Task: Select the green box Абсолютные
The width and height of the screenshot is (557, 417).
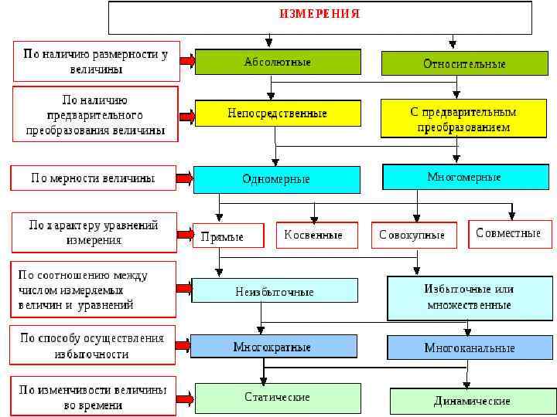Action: pos(278,62)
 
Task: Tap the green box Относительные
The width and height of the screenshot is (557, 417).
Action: pos(464,64)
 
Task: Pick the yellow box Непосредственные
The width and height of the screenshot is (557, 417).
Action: pos(278,114)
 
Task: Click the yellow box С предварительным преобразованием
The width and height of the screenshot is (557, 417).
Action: pos(464,119)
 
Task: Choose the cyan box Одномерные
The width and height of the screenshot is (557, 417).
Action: pos(276,179)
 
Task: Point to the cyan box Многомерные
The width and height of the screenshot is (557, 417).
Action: pos(464,177)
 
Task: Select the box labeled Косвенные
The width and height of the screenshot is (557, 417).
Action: pos(316,235)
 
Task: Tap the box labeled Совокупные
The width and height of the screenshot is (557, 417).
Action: pos(412,235)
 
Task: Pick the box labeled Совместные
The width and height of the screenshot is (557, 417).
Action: pos(508,234)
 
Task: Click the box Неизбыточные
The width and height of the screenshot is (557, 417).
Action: pos(275,291)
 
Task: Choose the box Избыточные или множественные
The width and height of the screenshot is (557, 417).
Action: pos(470,297)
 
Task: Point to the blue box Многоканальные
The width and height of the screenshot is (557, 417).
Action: pos(470,347)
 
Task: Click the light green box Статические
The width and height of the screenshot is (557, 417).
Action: pos(276,397)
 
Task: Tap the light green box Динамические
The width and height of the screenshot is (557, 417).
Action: pos(472,402)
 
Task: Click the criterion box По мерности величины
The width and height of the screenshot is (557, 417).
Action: pos(93,178)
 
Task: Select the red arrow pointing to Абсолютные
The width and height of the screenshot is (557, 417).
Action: pos(186,61)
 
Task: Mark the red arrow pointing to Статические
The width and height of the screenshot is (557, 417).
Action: pos(184,398)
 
